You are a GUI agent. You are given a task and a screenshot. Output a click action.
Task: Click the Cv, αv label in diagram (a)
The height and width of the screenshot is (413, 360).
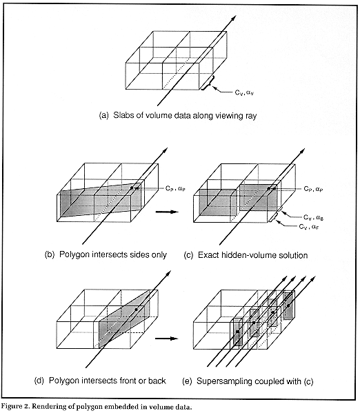tap(244, 92)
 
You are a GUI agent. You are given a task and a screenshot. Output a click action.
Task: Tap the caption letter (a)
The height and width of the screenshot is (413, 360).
tap(103, 116)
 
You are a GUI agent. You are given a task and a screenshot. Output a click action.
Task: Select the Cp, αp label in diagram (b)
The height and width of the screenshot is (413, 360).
tap(176, 189)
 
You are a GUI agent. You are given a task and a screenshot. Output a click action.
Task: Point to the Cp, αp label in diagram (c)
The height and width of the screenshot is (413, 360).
tap(313, 189)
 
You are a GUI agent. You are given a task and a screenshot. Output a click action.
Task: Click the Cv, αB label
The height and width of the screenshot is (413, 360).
tap(314, 218)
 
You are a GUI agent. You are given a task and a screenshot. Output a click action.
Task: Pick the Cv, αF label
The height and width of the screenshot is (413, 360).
tap(309, 227)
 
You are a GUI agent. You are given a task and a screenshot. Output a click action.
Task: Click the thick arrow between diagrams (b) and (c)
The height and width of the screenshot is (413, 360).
tap(167, 212)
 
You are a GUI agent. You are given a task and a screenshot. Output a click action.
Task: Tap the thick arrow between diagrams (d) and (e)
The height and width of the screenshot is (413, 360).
tap(167, 339)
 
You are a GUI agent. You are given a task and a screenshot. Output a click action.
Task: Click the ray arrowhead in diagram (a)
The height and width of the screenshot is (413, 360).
tap(232, 19)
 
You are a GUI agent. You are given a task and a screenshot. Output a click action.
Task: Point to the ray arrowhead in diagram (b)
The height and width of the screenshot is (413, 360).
tap(164, 151)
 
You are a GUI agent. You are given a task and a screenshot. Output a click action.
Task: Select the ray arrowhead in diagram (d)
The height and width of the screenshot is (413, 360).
tap(168, 274)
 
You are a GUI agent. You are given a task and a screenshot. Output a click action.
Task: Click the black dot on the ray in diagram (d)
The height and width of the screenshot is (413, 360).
tap(136, 310)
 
